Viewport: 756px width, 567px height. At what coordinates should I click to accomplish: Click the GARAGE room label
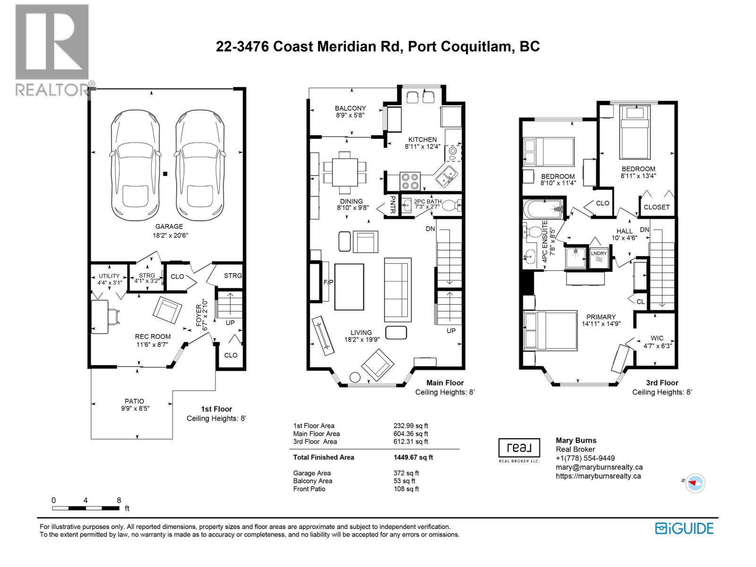[169, 226]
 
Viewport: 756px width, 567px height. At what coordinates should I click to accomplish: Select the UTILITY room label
[109, 276]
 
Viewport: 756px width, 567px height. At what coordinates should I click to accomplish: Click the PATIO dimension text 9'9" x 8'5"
[134, 408]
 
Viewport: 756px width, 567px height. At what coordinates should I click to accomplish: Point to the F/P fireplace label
[328, 282]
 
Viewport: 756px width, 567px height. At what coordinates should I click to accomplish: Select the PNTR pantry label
[392, 205]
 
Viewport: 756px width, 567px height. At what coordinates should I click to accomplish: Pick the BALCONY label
[350, 108]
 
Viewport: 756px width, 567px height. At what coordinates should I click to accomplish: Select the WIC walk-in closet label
[657, 338]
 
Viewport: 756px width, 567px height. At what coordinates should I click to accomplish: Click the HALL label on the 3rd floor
[625, 231]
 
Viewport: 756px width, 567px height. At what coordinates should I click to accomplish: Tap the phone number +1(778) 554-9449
[585, 458]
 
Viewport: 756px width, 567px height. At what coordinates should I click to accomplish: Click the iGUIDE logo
[684, 528]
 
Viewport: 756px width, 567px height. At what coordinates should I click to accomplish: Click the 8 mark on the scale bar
[119, 500]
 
